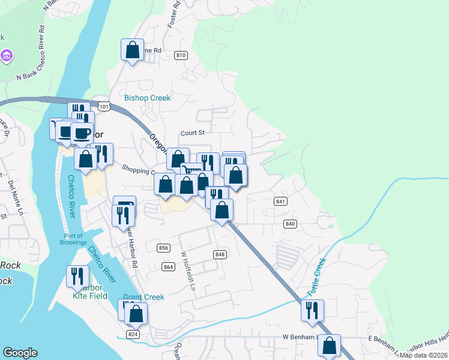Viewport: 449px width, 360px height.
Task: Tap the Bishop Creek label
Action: coord(147,98)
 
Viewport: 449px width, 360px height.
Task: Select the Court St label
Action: coord(193,133)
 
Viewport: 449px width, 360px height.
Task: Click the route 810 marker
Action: coord(181,55)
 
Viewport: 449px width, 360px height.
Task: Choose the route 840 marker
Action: coord(291,224)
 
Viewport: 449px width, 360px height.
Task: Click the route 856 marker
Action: coord(163,248)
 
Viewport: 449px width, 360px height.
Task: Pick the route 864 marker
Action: coord(168,266)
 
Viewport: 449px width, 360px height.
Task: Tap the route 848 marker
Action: coord(220,254)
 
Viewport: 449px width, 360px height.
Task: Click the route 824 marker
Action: coord(133,334)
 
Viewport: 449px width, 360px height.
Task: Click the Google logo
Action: coord(20,353)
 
